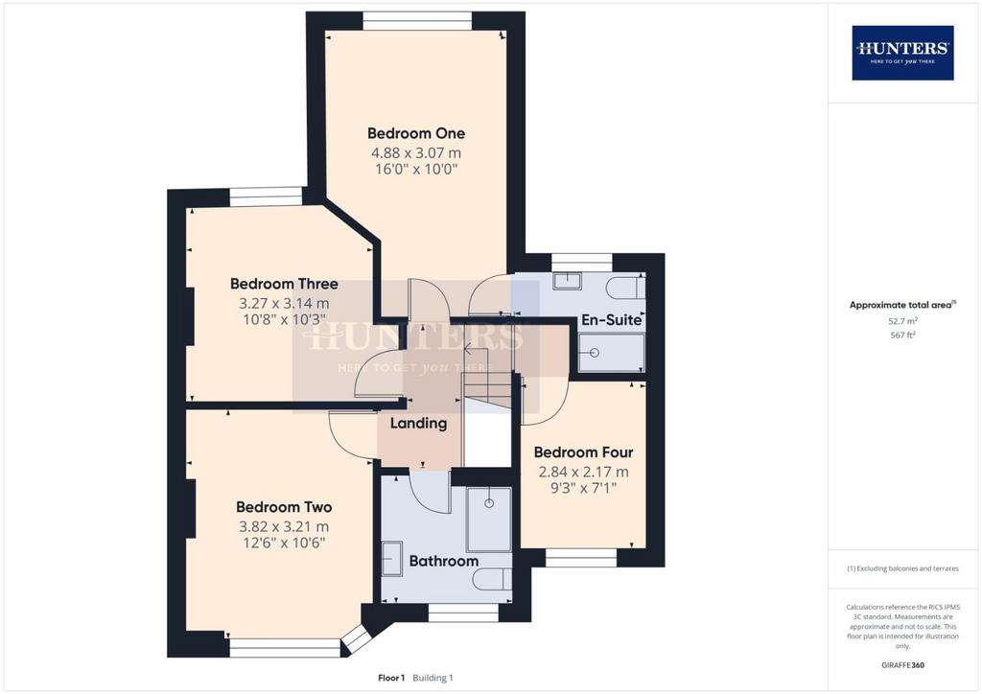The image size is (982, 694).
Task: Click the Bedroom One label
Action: (x=416, y=133)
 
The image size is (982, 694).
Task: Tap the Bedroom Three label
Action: (x=284, y=284)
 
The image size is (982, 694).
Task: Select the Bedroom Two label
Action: (x=284, y=507)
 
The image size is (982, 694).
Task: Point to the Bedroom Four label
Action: (x=583, y=451)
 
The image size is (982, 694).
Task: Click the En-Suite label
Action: (x=611, y=320)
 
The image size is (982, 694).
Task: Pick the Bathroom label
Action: (x=443, y=561)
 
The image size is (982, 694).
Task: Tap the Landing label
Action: (x=418, y=424)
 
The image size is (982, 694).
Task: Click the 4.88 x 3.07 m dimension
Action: (x=416, y=152)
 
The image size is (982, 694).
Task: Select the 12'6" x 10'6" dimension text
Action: (x=284, y=543)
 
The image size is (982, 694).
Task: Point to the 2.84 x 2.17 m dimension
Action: (x=583, y=472)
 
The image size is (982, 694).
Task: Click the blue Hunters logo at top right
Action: (x=902, y=53)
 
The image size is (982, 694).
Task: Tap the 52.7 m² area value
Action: (x=902, y=321)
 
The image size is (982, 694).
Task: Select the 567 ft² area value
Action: (x=902, y=335)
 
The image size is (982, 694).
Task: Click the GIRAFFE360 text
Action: (x=902, y=665)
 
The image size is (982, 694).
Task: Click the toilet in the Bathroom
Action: (x=492, y=580)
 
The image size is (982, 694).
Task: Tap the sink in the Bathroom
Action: (x=392, y=559)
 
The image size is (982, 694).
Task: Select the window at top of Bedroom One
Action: (x=417, y=21)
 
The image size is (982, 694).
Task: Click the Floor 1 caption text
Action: (x=391, y=678)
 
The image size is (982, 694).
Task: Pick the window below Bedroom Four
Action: (x=581, y=558)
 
